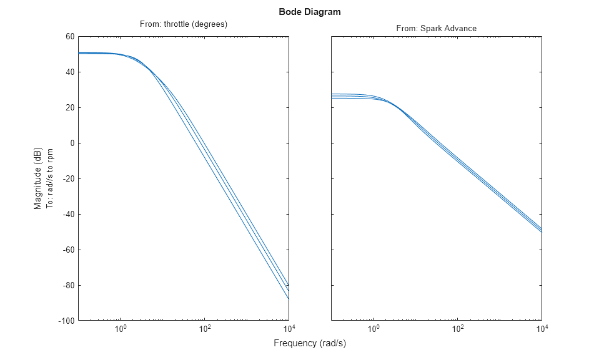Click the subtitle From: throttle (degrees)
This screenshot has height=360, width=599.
[182, 24]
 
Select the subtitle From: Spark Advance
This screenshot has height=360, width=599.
[436, 29]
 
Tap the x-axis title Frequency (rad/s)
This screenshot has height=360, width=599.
[310, 343]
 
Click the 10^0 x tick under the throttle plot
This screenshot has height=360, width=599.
[121, 329]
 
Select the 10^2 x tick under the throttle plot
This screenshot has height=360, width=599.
[205, 329]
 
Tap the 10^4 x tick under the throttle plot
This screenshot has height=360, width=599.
[288, 329]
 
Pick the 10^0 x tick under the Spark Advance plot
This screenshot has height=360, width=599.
[374, 329]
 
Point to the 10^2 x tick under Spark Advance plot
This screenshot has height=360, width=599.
[457, 329]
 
